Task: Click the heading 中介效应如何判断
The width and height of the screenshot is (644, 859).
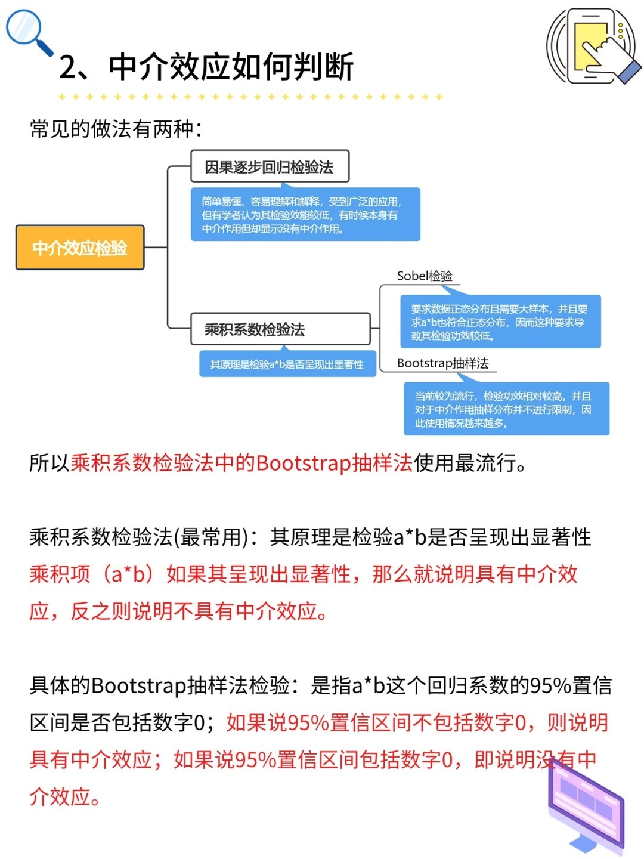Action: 231,67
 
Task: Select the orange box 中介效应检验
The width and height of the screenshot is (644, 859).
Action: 80,248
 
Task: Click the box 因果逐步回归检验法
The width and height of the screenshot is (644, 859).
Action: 270,166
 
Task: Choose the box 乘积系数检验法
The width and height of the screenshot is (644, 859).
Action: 280,329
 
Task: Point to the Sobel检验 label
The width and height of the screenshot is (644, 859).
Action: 425,276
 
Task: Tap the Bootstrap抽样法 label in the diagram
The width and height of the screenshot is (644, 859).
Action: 442,363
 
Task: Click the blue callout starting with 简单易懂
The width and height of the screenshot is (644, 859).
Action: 305,214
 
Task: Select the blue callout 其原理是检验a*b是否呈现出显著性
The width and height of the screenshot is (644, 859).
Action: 287,363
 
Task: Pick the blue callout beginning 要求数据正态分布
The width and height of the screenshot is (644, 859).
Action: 500,321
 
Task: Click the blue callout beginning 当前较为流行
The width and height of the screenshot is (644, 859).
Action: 506,408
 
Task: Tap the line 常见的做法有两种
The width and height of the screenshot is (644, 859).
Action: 116,129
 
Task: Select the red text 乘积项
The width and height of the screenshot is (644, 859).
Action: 60,574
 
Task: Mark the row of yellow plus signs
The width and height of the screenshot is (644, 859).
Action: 250,97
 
